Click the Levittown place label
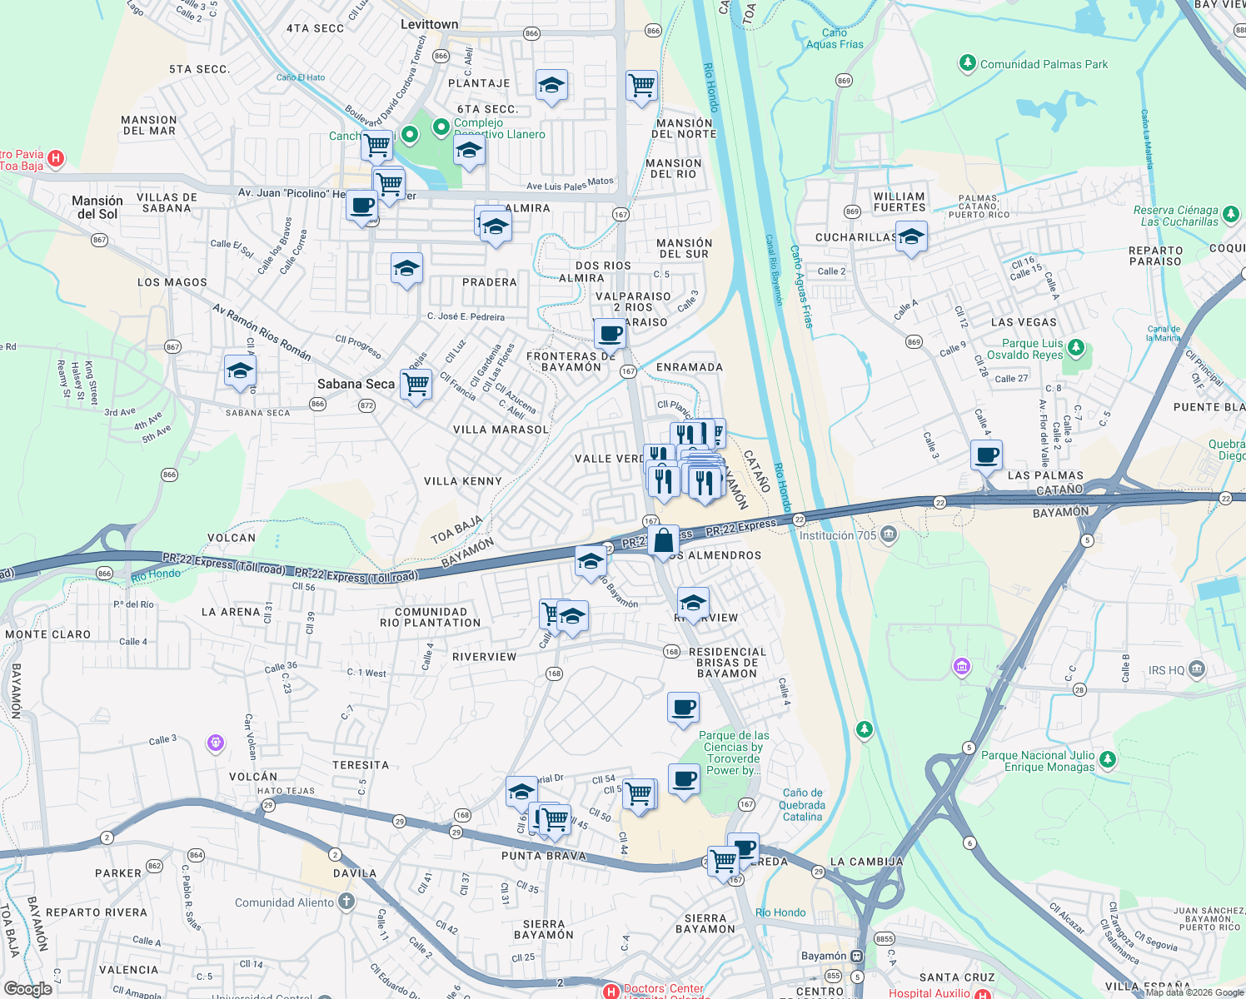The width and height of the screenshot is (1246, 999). (x=429, y=24)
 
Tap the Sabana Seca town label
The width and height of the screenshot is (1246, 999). (x=356, y=384)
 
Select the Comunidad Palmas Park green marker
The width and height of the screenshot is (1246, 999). (x=967, y=63)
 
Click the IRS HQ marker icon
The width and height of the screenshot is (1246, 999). (x=1197, y=668)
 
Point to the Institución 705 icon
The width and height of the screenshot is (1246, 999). (x=889, y=534)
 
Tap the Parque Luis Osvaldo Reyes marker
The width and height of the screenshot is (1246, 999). (x=1076, y=346)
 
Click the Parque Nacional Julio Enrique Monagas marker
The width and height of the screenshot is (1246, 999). (x=1107, y=759)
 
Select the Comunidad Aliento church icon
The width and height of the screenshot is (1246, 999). (x=346, y=902)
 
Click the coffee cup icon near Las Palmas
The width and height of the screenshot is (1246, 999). (x=986, y=456)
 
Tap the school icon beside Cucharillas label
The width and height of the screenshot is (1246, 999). (x=911, y=237)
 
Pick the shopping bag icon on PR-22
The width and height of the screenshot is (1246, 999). (x=663, y=541)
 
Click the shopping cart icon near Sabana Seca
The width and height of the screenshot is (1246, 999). (x=416, y=385)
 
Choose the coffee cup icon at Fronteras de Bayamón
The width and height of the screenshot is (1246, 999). (x=610, y=334)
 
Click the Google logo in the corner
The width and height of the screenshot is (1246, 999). (x=28, y=988)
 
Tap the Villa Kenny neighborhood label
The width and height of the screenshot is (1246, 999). (x=462, y=481)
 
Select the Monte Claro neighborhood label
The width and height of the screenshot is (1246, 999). (x=47, y=634)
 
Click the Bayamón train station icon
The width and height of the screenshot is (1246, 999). (x=857, y=956)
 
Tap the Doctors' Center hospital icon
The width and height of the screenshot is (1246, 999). (x=611, y=991)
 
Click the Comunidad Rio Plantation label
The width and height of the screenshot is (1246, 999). (x=430, y=617)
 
